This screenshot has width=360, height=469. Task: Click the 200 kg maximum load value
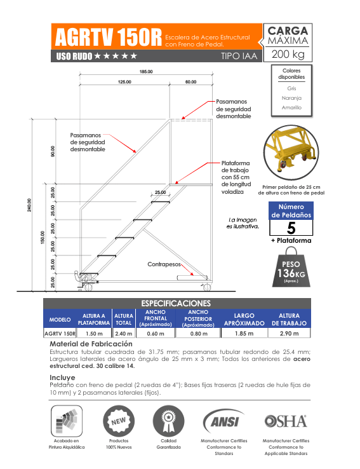[288, 54]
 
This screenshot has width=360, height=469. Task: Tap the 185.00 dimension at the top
[146, 72]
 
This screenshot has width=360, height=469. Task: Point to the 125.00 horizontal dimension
[124, 82]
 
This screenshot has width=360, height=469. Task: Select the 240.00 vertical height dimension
[29, 205]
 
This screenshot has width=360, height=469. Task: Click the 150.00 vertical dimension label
[43, 237]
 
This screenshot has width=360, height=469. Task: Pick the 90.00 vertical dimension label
[53, 151]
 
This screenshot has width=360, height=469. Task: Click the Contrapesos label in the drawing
[164, 264]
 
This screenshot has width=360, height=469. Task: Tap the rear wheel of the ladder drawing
[207, 287]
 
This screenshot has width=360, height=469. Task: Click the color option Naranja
[291, 98]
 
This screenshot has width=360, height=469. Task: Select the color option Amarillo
[291, 107]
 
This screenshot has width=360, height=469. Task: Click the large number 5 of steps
[291, 228]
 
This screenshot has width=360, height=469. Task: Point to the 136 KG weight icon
[291, 267]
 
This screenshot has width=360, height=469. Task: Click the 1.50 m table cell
[94, 334]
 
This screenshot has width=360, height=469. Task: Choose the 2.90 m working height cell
[289, 334]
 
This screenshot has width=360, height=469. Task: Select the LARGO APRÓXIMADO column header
[244, 320]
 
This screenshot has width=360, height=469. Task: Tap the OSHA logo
[286, 421]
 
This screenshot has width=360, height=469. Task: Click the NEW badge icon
[119, 421]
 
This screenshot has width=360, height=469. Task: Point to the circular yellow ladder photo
[291, 153]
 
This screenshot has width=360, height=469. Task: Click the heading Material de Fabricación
[91, 344]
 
